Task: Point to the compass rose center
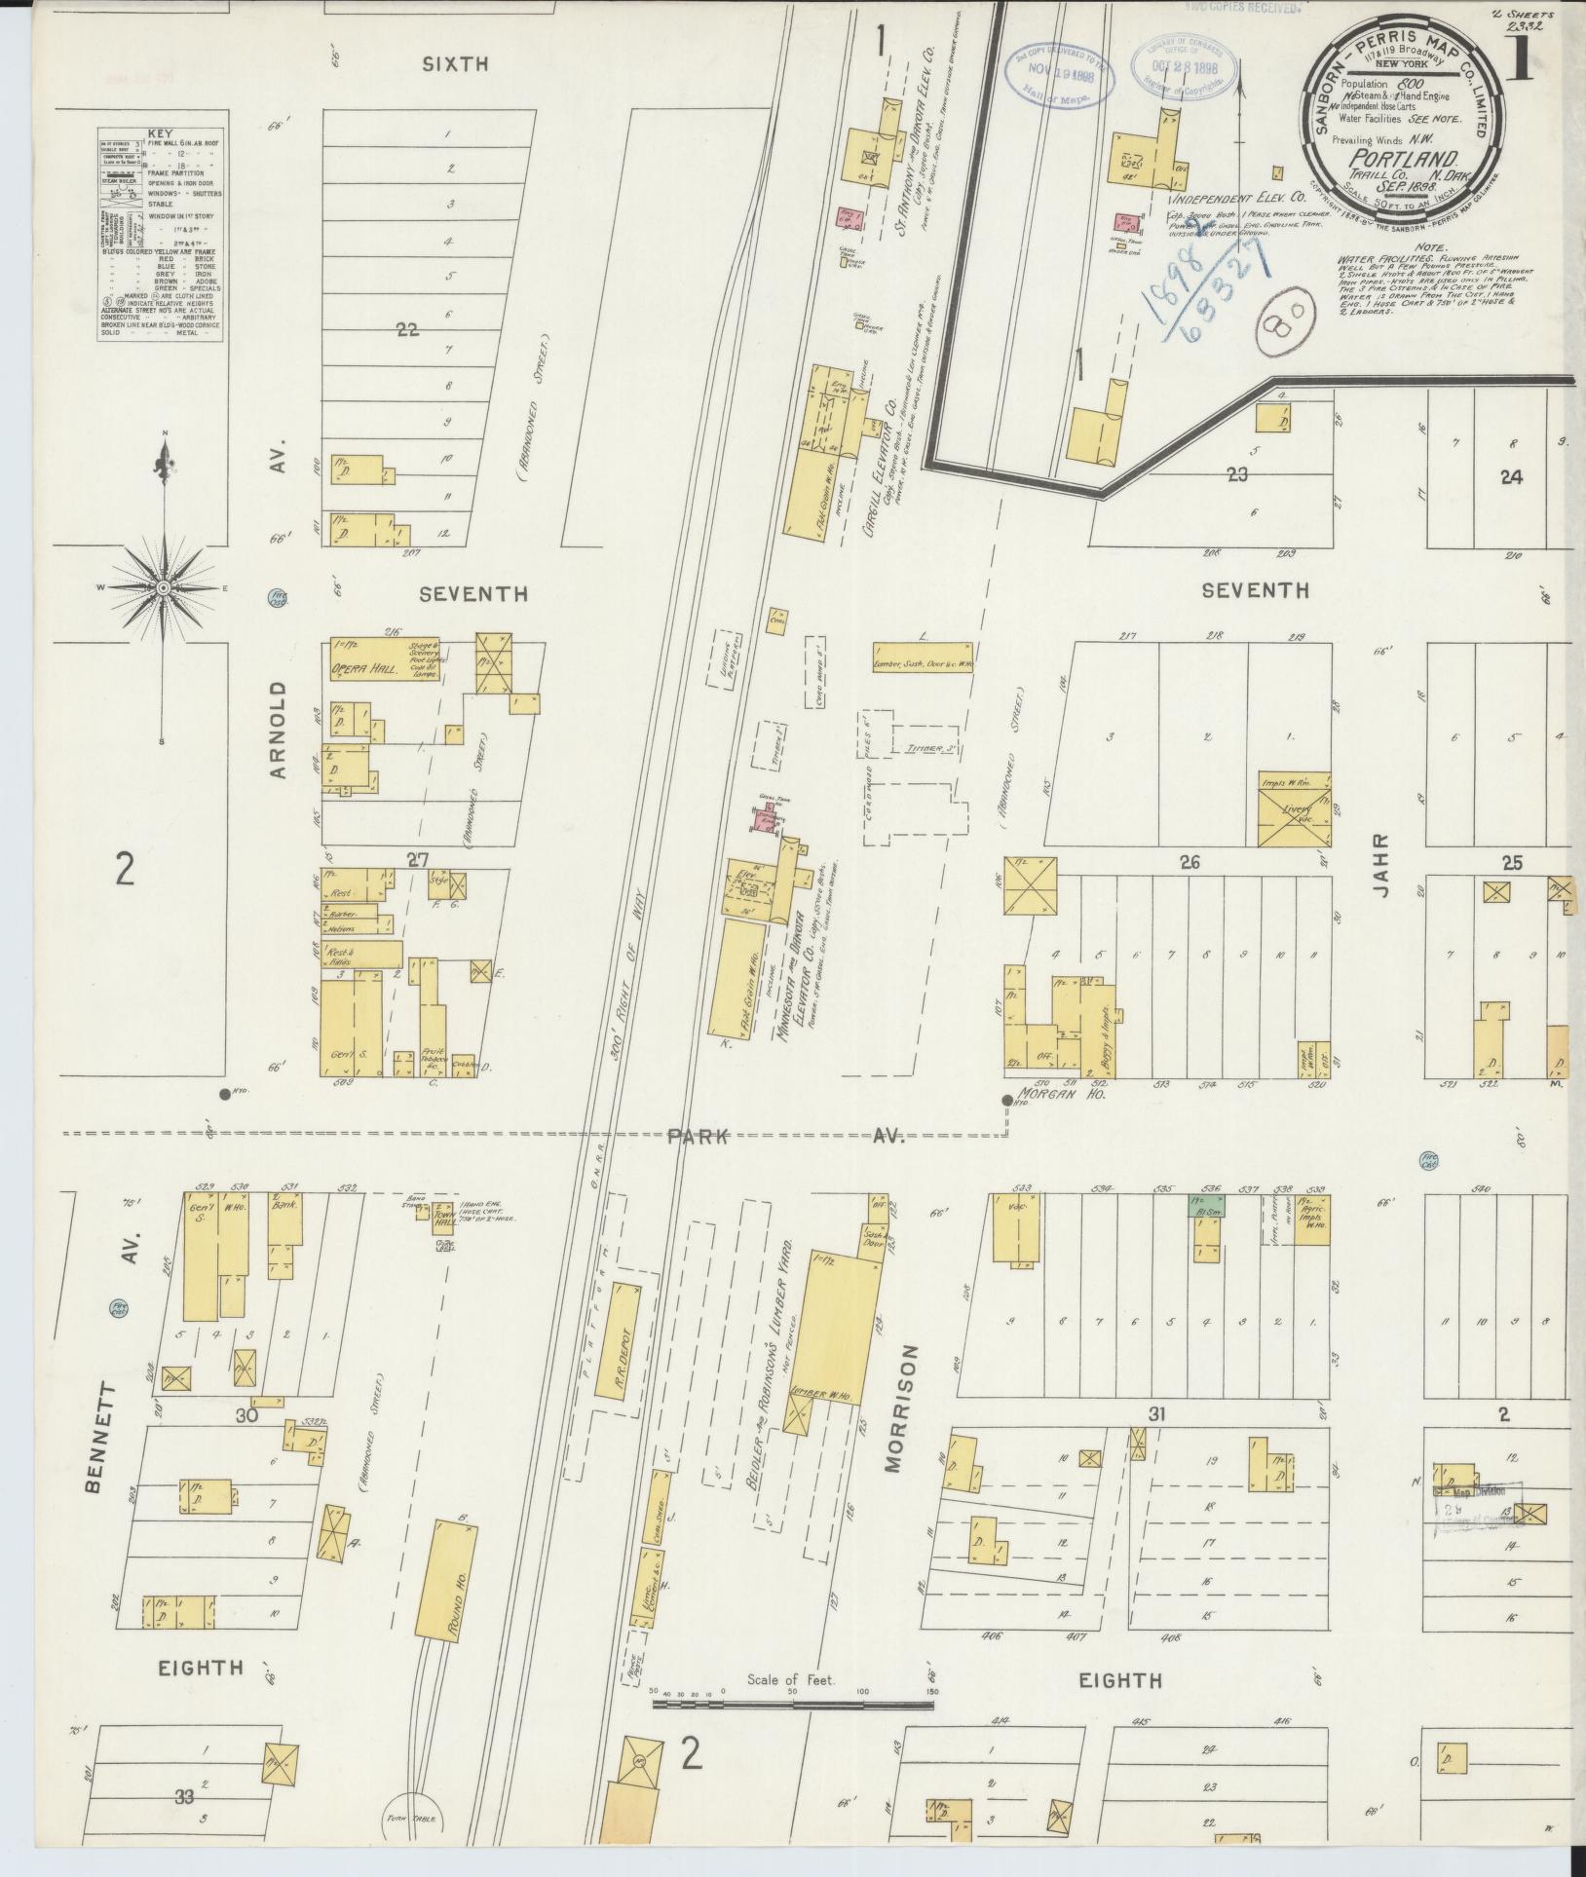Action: tap(164, 587)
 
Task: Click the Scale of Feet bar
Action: tap(792, 1705)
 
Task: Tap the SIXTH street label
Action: tap(455, 65)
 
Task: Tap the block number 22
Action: tap(406, 330)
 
